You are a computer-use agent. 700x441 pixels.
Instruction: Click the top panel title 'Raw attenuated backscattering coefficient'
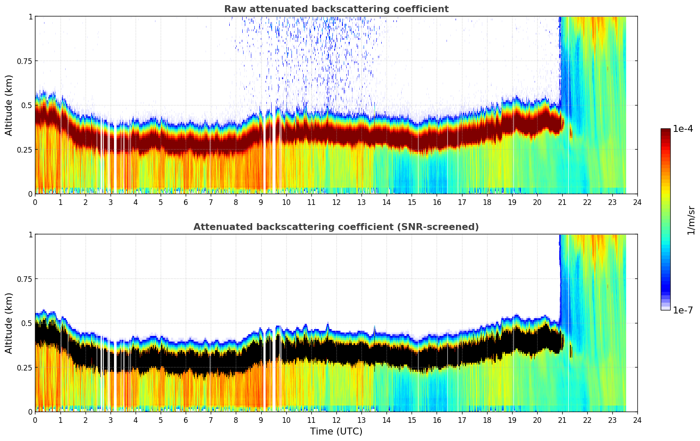[336, 9]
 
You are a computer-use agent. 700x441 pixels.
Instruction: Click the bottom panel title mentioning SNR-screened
[336, 227]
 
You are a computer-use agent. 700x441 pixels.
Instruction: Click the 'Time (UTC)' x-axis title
[336, 431]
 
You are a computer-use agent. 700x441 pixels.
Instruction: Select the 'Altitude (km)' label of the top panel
[9, 105]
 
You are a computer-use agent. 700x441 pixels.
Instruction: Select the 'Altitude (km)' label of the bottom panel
[9, 323]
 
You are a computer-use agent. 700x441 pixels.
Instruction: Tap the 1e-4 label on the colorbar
[683, 129]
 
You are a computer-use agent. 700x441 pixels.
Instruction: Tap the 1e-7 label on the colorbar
[683, 310]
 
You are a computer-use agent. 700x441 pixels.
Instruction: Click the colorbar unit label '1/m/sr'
[691, 220]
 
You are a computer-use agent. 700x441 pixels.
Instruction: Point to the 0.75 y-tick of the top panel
[25, 61]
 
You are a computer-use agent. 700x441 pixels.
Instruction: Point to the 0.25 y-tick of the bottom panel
[25, 367]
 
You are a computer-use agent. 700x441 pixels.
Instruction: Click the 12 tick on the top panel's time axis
[336, 202]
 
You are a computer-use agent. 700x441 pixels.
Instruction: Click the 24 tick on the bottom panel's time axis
[637, 420]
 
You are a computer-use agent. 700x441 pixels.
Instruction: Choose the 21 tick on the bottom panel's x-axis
[562, 420]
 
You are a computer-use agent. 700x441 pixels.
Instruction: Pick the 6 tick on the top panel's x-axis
[186, 202]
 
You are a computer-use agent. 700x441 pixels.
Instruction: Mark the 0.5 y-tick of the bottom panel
[27, 323]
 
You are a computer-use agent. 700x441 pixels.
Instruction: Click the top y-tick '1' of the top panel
[30, 16]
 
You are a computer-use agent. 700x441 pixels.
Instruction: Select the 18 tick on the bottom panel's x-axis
[487, 420]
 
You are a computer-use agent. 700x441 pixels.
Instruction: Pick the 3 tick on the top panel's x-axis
[111, 202]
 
